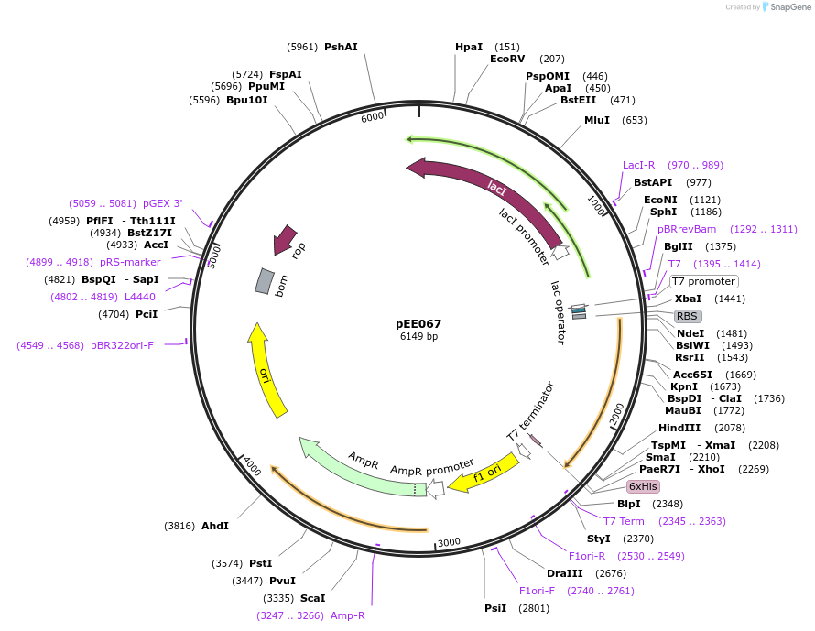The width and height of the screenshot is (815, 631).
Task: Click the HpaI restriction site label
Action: pos(468,47)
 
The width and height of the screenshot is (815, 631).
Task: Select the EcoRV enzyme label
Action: pos(506,59)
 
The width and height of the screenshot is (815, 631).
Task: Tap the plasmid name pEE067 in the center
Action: pos(418,323)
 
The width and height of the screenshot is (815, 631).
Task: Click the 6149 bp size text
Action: pos(418,336)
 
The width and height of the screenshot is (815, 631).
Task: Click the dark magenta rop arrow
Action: pos(287,240)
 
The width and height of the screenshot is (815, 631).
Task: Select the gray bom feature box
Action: pos(264,281)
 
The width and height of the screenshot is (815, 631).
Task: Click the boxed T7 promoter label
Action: pos(703,281)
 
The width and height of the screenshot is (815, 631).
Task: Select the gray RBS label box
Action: pos(687,316)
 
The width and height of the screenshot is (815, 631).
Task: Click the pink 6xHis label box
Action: pos(643,486)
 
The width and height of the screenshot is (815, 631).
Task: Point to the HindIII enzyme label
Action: pos(679,428)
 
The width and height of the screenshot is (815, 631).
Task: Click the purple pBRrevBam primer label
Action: pos(687,229)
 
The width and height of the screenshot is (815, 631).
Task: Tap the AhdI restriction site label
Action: pos(215,526)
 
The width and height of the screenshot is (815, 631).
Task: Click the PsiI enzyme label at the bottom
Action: pos(495,608)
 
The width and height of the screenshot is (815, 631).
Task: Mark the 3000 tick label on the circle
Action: pos(449,542)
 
